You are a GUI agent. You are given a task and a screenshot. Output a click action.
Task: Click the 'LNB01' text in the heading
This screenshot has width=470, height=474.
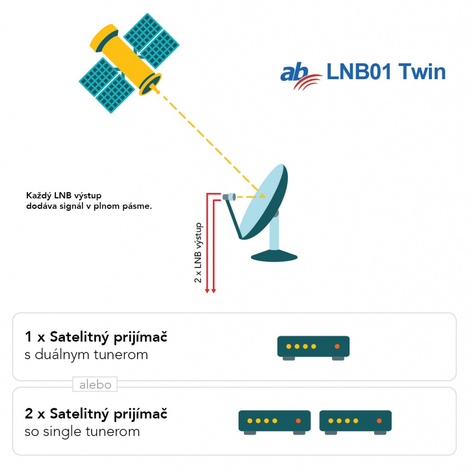[359, 72]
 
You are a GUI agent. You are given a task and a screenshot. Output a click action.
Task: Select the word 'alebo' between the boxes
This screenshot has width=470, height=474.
[95, 385]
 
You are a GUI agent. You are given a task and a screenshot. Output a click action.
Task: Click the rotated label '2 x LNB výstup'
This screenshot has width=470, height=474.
[198, 253]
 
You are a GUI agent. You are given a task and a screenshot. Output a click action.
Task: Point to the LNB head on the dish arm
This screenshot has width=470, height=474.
[229, 197]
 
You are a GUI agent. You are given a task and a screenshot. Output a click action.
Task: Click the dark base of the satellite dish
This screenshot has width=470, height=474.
[274, 256]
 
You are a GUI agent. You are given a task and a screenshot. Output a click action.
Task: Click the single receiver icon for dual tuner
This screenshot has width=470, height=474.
[313, 348]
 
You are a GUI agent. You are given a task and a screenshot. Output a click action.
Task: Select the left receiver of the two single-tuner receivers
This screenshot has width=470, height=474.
[274, 422]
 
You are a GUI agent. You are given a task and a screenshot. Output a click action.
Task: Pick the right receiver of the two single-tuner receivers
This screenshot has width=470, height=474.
[355, 422]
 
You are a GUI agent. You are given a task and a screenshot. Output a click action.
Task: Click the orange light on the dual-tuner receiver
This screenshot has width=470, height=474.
[337, 346]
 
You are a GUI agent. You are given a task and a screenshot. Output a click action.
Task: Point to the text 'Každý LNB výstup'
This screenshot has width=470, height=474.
[64, 196]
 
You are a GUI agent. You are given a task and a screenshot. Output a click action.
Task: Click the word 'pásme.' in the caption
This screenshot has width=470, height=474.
[137, 206]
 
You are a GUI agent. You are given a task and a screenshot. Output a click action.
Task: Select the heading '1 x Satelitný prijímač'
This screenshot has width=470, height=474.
[96, 337]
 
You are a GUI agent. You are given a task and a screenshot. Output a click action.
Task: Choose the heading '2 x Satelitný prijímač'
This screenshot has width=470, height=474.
[96, 414]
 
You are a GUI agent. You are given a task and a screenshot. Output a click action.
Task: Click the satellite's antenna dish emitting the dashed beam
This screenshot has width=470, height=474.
[150, 84]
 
